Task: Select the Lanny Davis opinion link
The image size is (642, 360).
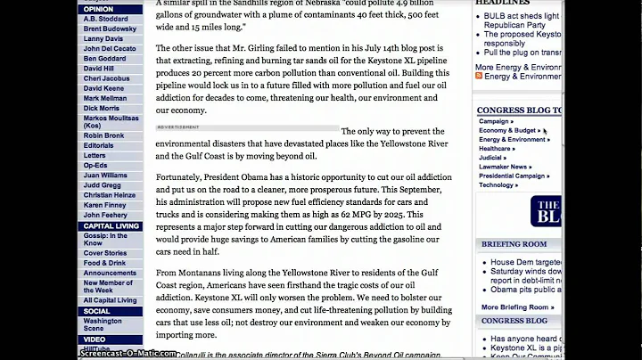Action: point(103,38)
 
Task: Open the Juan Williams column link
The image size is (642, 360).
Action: point(105,175)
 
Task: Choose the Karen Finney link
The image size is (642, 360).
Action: point(104,205)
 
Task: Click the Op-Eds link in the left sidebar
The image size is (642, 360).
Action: point(95,165)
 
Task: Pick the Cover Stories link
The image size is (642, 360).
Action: point(105,253)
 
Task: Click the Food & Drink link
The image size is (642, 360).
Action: point(105,263)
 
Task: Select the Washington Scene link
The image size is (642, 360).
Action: point(103,323)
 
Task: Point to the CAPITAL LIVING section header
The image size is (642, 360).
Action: point(111,226)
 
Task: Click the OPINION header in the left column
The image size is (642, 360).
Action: point(99,9)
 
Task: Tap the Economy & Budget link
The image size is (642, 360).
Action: point(509,130)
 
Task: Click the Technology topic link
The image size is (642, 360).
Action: point(498,184)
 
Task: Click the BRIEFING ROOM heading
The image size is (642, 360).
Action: point(514,243)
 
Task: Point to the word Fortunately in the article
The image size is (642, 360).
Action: point(185,177)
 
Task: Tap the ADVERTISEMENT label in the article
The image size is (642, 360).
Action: point(178,127)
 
